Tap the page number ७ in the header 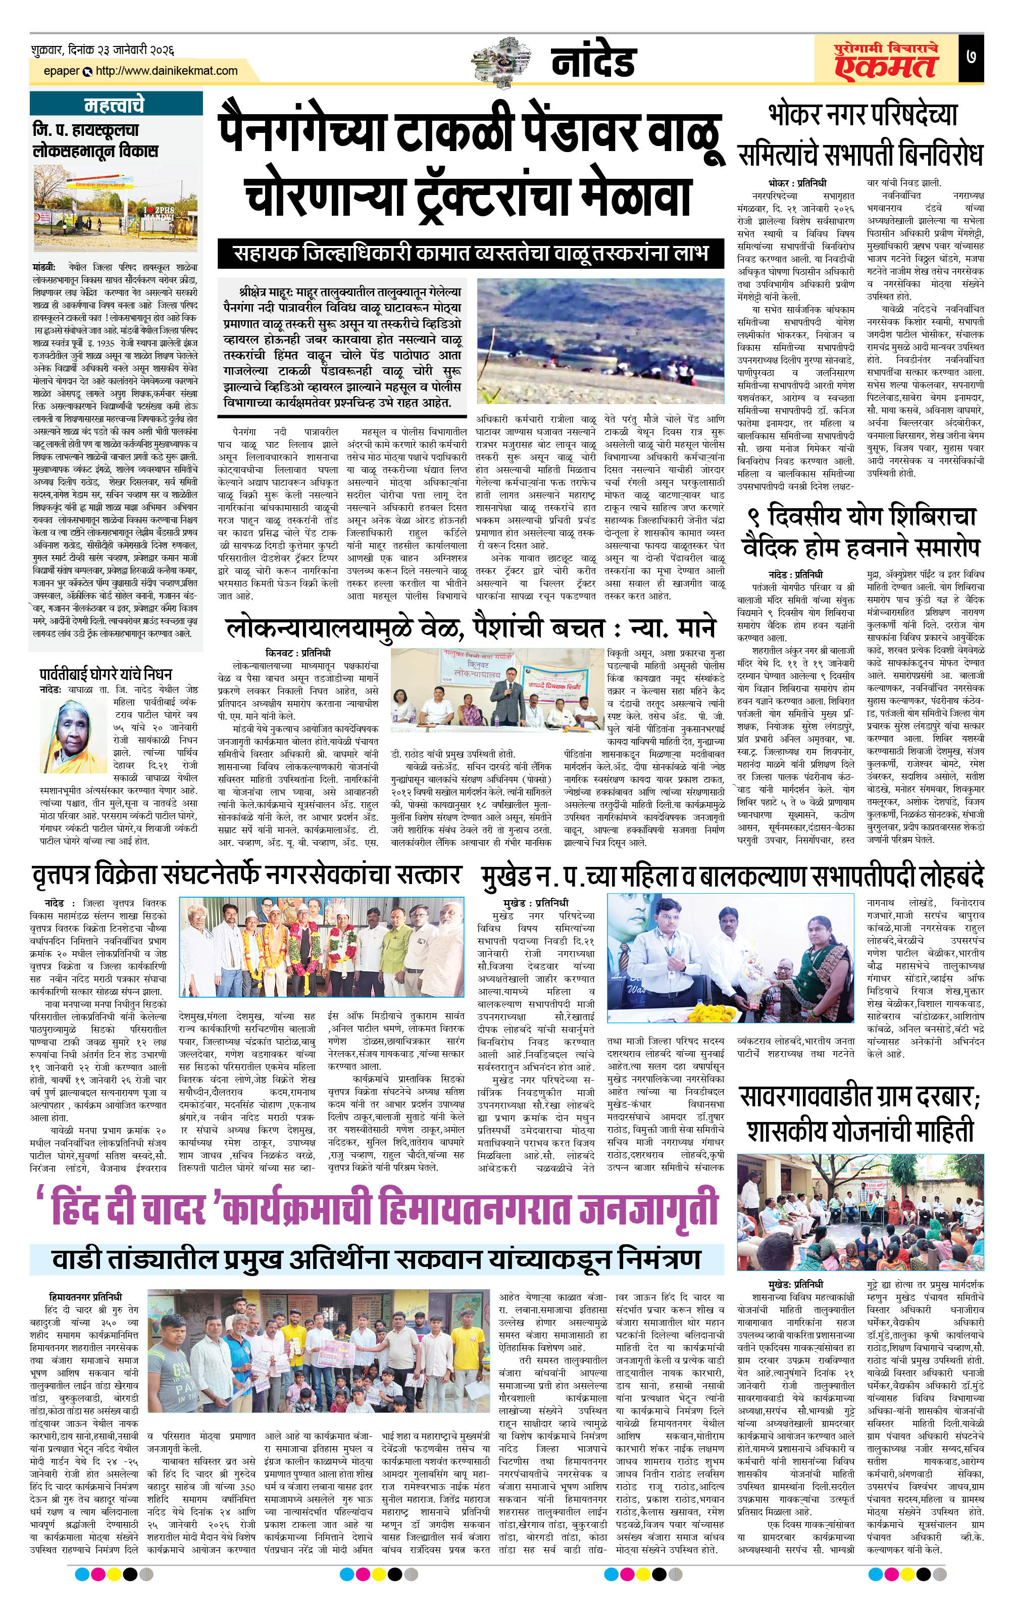pos(971,57)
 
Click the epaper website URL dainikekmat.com pos(167,71)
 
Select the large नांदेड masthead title pos(593,62)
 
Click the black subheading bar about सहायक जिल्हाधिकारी pos(470,254)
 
